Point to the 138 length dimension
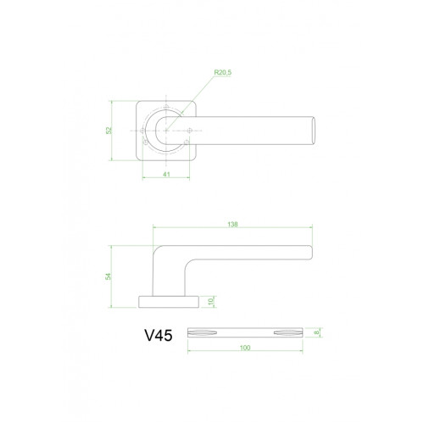point(232,225)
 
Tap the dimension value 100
point(244,348)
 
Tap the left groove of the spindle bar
point(204,330)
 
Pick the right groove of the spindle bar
point(288,330)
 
